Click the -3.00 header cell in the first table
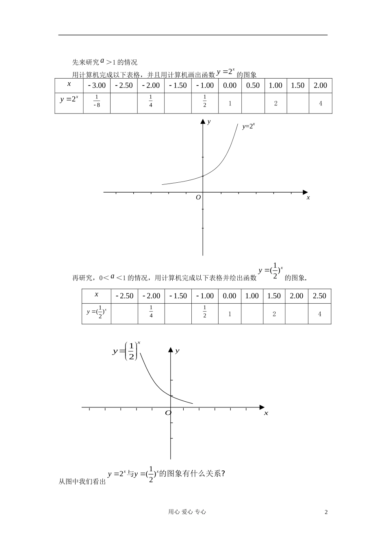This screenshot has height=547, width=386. click(x=97, y=85)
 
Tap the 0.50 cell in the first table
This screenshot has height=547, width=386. click(x=253, y=85)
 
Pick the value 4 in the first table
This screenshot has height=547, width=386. click(x=320, y=103)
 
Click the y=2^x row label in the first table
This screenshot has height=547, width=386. click(x=69, y=99)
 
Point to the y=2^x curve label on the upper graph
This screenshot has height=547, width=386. click(x=248, y=126)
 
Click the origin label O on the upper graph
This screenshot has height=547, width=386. click(x=198, y=197)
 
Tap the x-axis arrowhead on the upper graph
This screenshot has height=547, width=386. click(x=305, y=192)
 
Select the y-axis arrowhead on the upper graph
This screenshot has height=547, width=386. click(x=202, y=122)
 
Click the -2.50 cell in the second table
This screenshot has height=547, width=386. click(x=124, y=296)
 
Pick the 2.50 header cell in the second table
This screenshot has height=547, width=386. click(x=319, y=296)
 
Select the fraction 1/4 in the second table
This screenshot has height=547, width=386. click(x=151, y=311)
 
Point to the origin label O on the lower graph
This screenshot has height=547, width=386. click(x=168, y=413)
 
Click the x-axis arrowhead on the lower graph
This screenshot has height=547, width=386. click(x=262, y=407)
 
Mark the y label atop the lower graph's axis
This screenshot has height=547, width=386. click(x=178, y=350)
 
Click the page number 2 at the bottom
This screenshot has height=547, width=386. click(x=326, y=512)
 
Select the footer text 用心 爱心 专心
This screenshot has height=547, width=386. click(x=187, y=512)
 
